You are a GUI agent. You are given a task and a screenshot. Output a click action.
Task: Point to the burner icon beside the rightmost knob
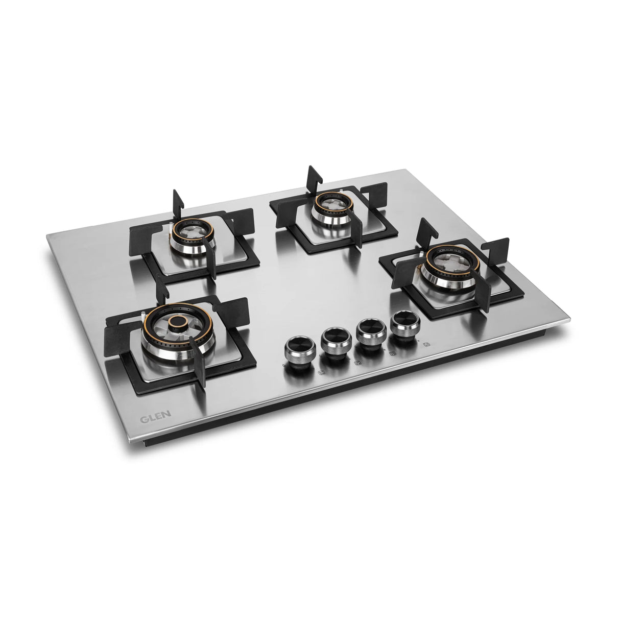(426, 346)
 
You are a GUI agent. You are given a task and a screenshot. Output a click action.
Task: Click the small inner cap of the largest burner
(177, 323)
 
